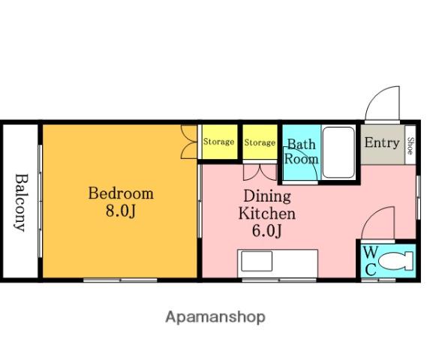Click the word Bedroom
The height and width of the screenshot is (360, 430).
coord(121,193)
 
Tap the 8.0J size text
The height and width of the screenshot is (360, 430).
coord(121,211)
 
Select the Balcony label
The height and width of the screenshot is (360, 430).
coord(21,202)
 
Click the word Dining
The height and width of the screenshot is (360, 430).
coord(267,196)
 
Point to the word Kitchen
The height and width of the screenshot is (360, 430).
coord(267,214)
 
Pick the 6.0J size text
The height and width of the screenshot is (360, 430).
coord(267,231)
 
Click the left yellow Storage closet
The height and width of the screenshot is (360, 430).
coord(220,142)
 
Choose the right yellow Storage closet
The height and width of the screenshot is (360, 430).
coord(260,142)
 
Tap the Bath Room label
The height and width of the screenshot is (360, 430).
coord(301,151)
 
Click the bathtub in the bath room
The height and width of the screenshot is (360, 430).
coord(338,152)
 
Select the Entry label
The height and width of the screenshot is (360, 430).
coord(382,142)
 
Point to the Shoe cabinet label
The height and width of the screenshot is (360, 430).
coord(410,145)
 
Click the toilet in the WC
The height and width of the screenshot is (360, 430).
coord(396,261)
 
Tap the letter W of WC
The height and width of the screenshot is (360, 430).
coord(371,252)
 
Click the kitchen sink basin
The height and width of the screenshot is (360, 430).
coord(257,261)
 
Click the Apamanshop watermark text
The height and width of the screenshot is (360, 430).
coord(215,317)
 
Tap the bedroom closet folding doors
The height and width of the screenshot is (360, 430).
coord(189,142)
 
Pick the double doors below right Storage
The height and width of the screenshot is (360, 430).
coord(260,172)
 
